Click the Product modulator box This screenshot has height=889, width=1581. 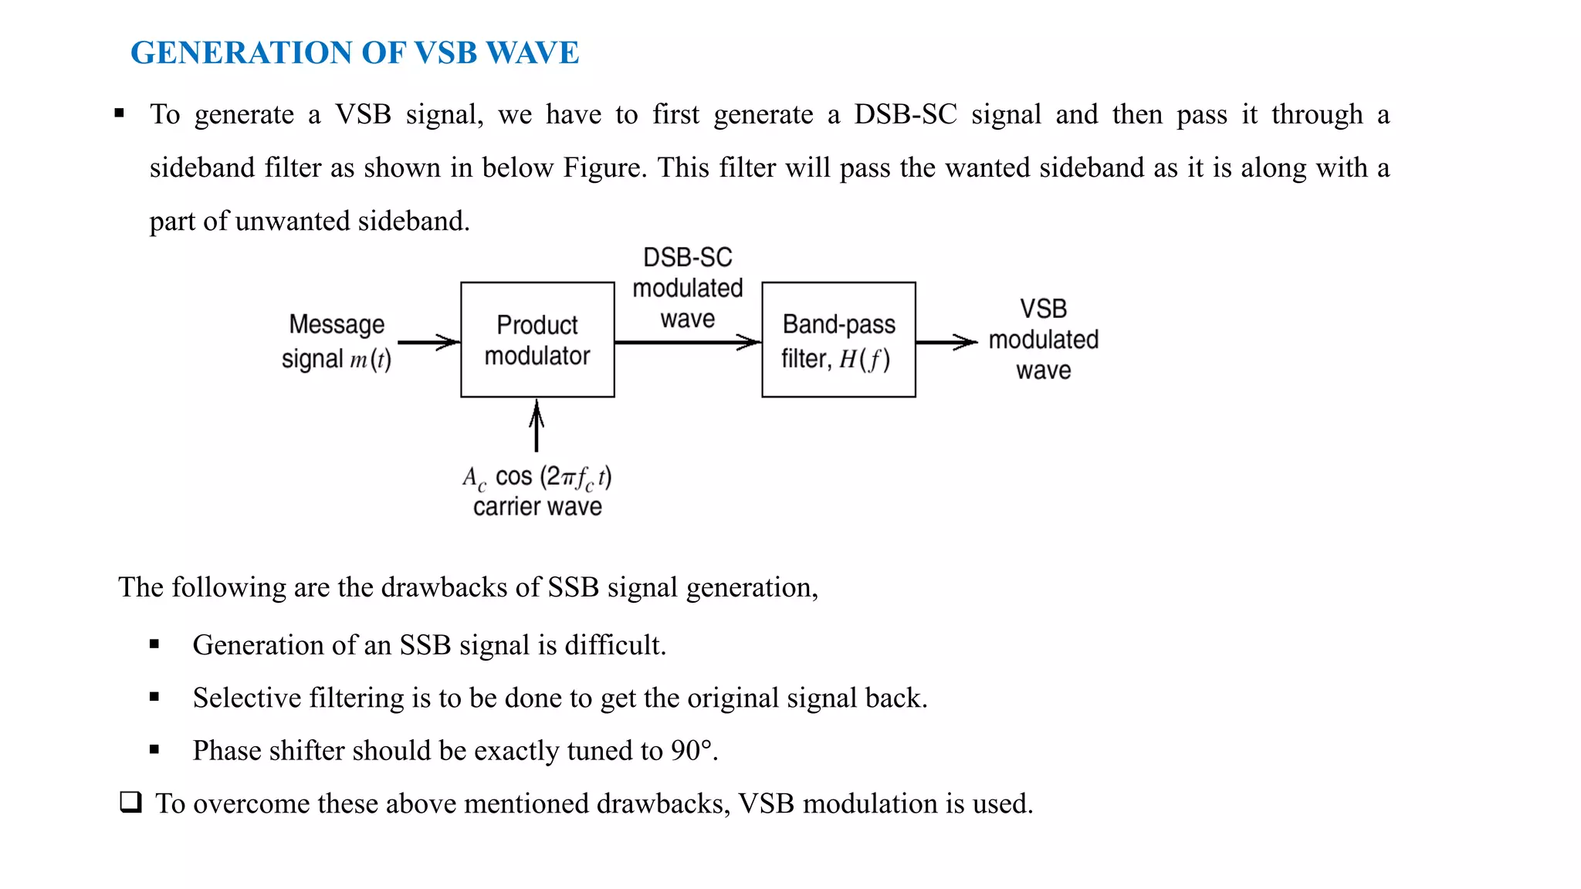(537, 340)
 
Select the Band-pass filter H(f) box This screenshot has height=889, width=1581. (838, 340)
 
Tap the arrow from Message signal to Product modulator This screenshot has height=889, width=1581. (428, 342)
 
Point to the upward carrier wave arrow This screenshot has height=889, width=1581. (537, 426)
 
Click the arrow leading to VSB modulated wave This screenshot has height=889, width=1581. (946, 342)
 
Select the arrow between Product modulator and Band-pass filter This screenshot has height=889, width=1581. (687, 342)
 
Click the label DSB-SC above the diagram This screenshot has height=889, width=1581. (687, 257)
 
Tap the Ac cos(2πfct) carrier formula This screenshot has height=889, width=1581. (537, 478)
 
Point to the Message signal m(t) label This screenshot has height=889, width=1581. (337, 341)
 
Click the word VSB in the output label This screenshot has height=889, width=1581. (1043, 309)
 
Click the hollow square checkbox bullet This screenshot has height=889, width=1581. (130, 802)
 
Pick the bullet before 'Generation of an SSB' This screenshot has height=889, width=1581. (154, 644)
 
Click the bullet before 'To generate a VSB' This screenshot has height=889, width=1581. (120, 113)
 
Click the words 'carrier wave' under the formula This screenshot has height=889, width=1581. (537, 507)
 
